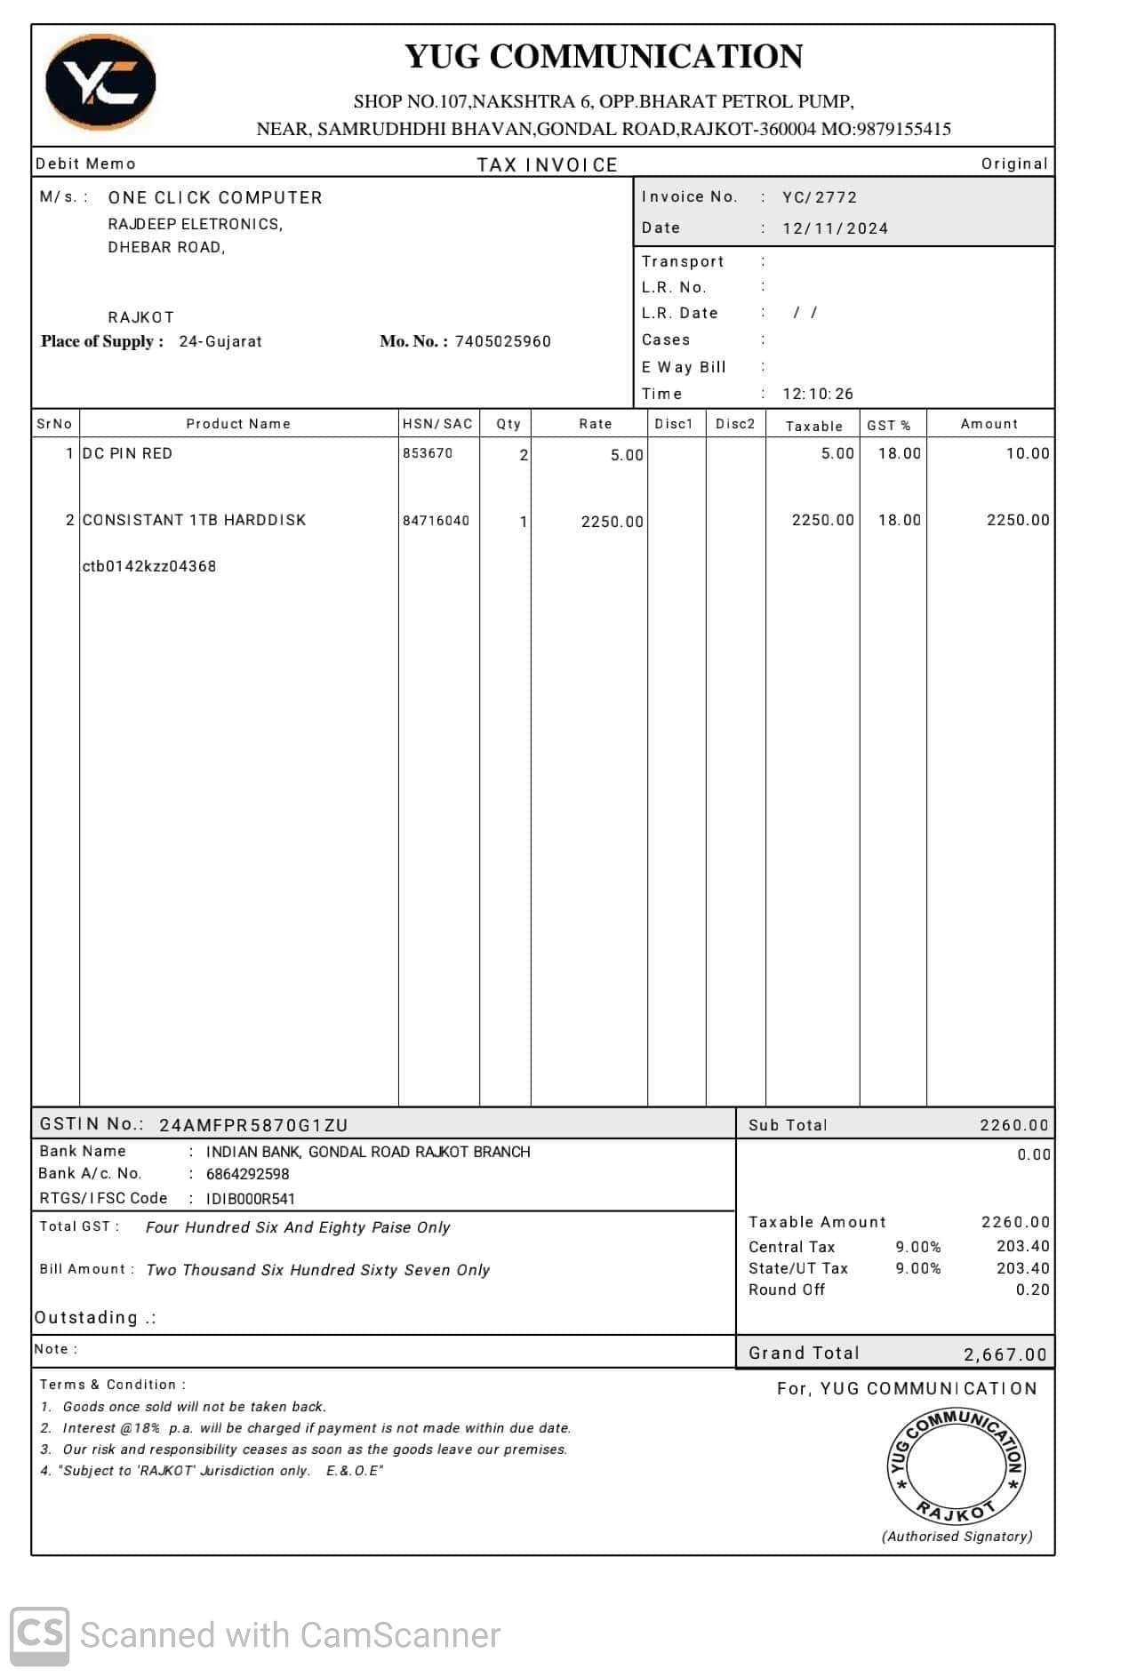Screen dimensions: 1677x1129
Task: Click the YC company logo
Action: coord(100,82)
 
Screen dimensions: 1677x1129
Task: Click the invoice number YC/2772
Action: coord(819,197)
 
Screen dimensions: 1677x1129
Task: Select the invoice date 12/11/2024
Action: coord(835,228)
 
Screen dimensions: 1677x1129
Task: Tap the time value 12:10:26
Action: coord(817,394)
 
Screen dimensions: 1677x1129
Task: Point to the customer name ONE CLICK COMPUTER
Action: coord(215,197)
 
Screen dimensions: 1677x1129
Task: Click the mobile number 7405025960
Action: coord(502,341)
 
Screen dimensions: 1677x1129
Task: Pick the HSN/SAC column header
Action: coord(437,424)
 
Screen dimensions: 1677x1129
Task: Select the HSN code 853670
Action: coord(428,453)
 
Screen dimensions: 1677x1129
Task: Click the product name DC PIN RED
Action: coord(127,453)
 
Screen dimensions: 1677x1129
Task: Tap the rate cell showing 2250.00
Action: coord(612,522)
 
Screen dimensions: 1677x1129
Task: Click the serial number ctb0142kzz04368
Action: coord(148,566)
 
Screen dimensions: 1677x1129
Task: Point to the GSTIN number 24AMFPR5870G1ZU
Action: coord(253,1125)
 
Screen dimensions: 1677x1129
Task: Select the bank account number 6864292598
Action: coord(247,1174)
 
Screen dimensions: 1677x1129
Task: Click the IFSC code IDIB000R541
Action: coord(250,1199)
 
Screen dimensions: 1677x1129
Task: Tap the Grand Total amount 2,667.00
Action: coord(1005,1354)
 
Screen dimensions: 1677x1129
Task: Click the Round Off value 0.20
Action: coord(1032,1290)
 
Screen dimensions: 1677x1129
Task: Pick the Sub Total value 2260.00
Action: coord(1013,1125)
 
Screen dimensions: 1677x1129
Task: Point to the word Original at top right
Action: coord(1014,164)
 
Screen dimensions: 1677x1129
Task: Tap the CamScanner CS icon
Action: coord(39,1635)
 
